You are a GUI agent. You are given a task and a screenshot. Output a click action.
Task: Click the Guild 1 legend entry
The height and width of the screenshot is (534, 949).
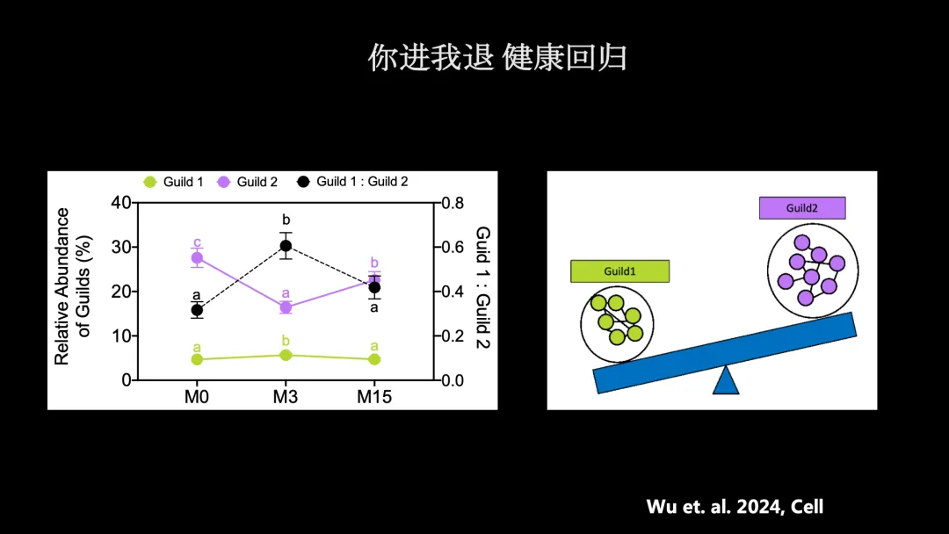click(x=174, y=182)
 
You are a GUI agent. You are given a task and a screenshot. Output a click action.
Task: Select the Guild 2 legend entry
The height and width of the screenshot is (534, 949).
click(x=248, y=182)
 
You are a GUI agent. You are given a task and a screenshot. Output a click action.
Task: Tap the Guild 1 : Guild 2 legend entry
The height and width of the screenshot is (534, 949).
click(x=352, y=182)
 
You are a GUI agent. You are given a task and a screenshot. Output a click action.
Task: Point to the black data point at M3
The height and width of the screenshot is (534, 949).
click(x=286, y=246)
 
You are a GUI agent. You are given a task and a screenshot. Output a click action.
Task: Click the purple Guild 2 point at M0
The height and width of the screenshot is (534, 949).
click(x=198, y=258)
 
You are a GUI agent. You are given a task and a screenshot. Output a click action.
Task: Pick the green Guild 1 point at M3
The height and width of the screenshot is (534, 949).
click(x=286, y=355)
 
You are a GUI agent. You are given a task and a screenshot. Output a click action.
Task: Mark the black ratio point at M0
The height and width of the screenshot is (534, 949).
click(x=197, y=310)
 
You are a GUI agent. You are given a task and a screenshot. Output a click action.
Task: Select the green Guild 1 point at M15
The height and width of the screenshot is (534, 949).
click(x=374, y=359)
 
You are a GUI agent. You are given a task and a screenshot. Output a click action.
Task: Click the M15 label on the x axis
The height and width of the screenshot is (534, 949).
click(x=374, y=397)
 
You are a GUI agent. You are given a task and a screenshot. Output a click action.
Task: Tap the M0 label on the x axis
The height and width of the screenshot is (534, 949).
click(x=197, y=397)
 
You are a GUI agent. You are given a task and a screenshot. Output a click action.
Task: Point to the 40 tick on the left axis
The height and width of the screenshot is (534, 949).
click(x=120, y=203)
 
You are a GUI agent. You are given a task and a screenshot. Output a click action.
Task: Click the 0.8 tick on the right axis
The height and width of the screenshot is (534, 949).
click(x=453, y=203)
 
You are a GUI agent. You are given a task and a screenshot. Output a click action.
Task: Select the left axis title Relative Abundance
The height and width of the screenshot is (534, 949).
click(x=62, y=286)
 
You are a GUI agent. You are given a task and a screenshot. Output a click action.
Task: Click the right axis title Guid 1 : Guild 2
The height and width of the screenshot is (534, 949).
click(x=482, y=288)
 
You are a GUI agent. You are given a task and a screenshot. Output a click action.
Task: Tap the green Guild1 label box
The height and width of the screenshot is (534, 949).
click(x=619, y=271)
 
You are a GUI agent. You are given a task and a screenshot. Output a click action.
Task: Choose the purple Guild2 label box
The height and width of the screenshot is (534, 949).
click(x=802, y=208)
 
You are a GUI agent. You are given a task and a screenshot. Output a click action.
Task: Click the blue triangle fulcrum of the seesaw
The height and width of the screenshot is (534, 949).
click(x=726, y=381)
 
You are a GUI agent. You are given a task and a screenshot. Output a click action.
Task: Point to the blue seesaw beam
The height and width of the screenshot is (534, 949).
click(x=724, y=352)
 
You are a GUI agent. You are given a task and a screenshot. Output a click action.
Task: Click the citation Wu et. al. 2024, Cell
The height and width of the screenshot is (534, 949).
click(x=735, y=506)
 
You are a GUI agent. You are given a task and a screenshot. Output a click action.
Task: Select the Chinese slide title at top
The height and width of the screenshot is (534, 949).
click(x=497, y=57)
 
